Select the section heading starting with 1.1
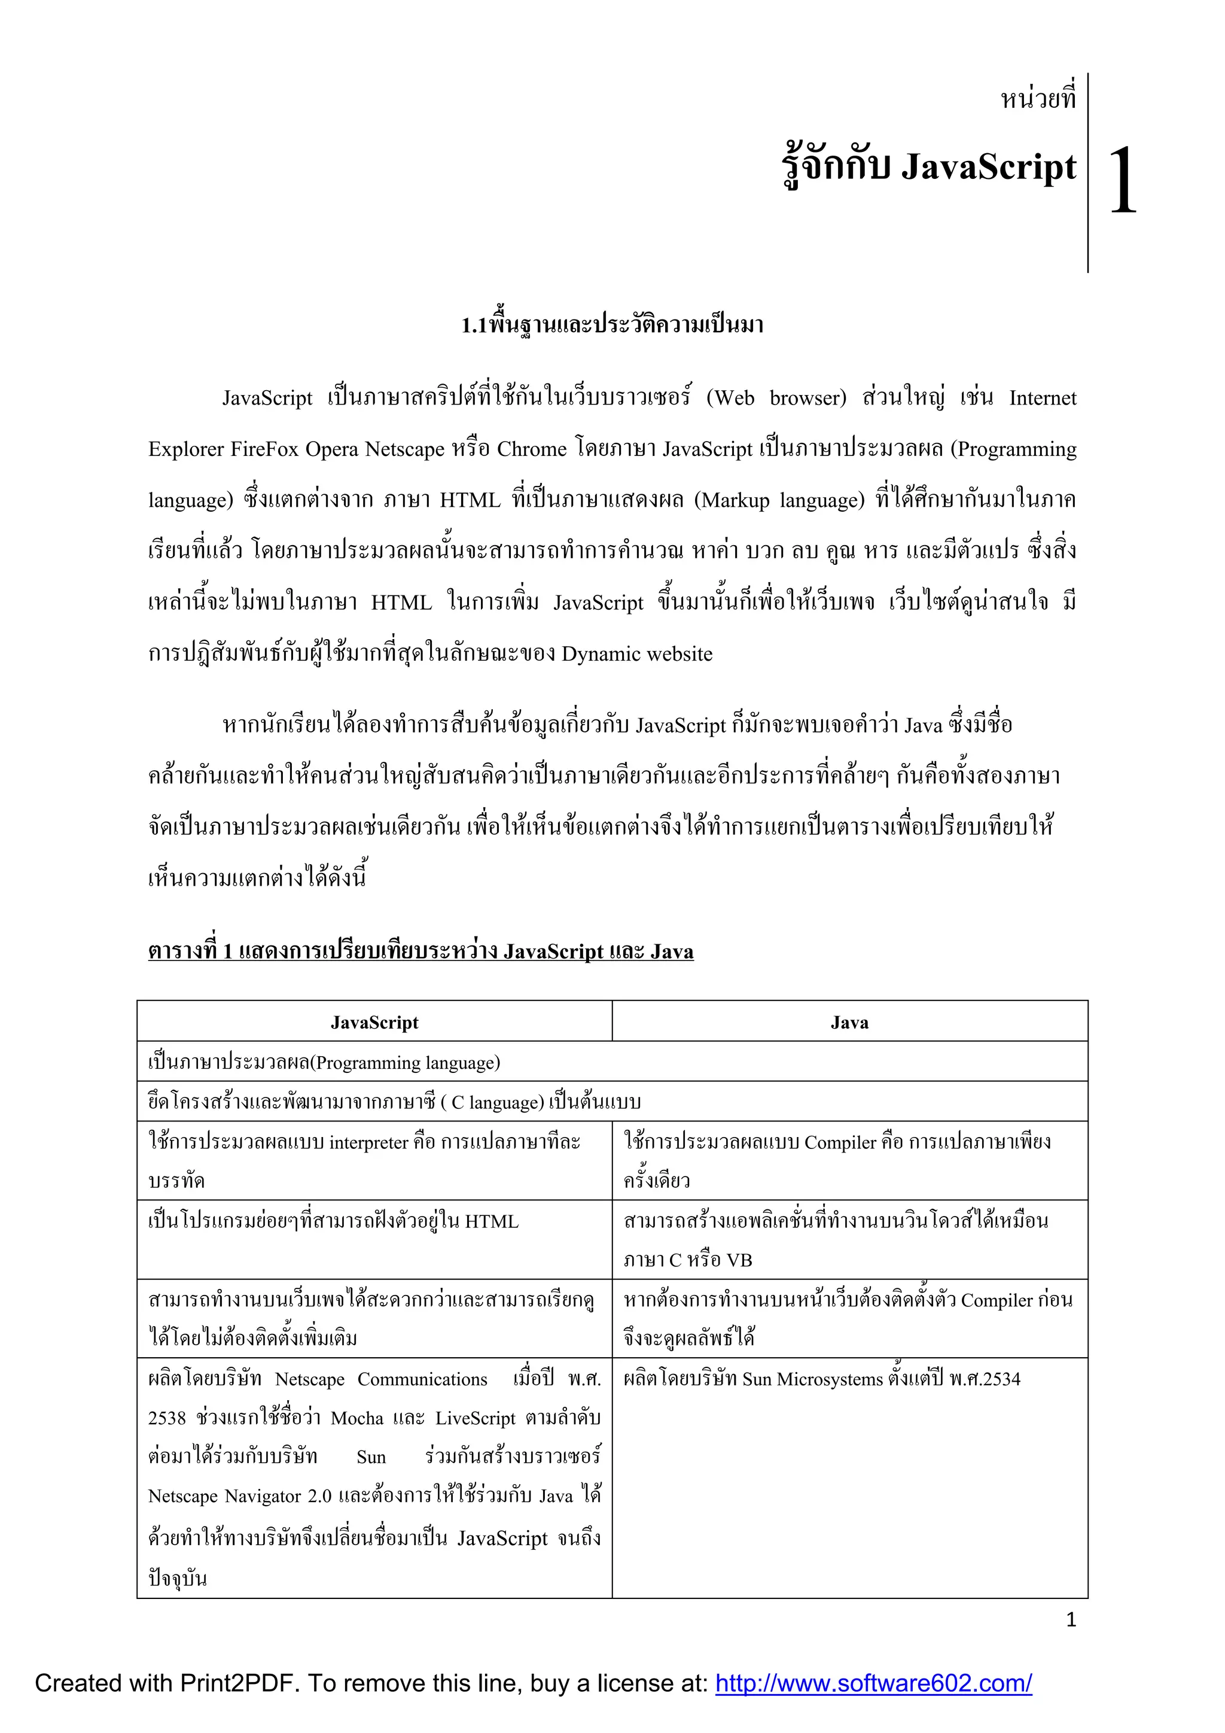click(x=612, y=326)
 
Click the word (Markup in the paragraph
click(x=732, y=500)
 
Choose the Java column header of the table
click(x=849, y=1023)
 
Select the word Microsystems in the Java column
click(x=829, y=1379)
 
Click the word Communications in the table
click(x=422, y=1379)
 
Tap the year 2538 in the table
click(x=167, y=1418)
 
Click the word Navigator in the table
click(x=263, y=1496)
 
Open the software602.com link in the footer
click(x=873, y=1683)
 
